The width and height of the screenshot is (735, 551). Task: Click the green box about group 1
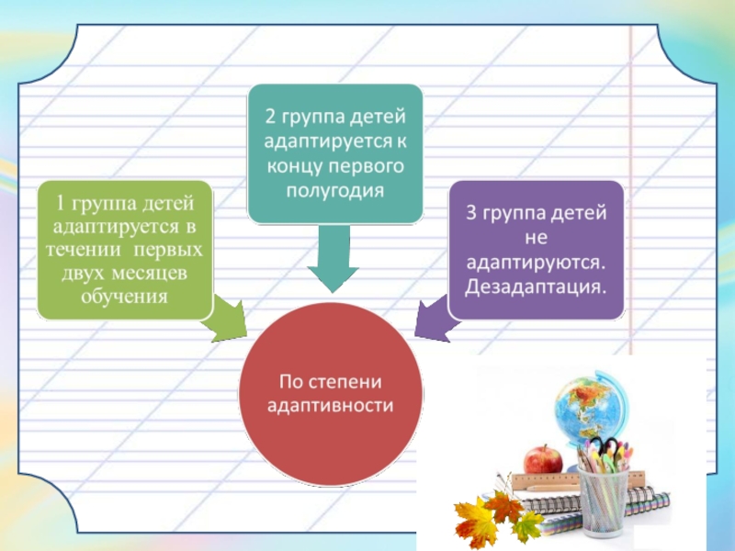(124, 250)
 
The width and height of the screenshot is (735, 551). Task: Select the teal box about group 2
(335, 153)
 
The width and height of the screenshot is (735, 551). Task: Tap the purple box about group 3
(537, 250)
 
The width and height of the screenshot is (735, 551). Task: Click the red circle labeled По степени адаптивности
(331, 393)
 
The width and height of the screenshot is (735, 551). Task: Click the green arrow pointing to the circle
(228, 319)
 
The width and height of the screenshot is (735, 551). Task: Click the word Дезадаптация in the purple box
(535, 286)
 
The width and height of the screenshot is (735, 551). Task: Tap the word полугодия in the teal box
(335, 189)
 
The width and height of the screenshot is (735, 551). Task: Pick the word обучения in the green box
(125, 297)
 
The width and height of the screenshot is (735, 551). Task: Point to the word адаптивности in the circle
(330, 405)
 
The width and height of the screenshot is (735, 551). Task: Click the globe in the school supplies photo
(587, 410)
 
